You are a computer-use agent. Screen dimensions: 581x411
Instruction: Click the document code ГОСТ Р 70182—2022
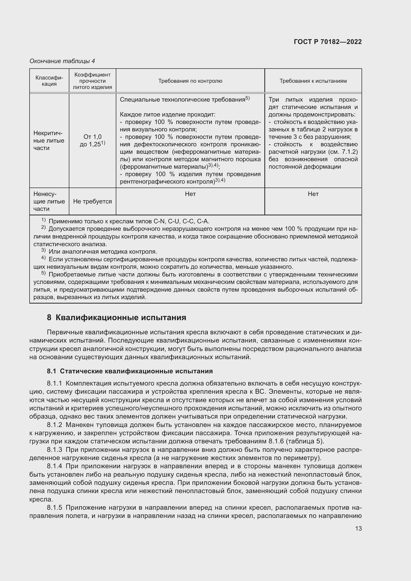click(x=328, y=42)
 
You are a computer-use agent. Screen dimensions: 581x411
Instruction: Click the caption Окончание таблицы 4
click(x=62, y=61)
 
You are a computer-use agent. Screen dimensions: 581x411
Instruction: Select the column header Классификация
click(x=49, y=81)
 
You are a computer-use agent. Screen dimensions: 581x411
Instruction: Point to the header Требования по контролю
click(x=190, y=81)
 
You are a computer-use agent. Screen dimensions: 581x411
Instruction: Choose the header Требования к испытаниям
click(x=313, y=81)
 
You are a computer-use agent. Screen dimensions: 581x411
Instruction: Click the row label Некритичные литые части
click(x=49, y=140)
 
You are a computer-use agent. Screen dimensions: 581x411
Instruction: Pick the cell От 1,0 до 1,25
click(x=92, y=141)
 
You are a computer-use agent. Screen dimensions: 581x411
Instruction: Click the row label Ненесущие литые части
click(x=49, y=201)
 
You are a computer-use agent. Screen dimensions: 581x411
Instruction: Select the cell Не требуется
click(x=92, y=201)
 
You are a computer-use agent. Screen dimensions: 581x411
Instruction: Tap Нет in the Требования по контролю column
click(x=190, y=194)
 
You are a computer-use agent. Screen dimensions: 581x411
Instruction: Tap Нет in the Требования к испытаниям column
click(x=313, y=194)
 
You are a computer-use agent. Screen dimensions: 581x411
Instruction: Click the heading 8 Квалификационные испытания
click(x=116, y=318)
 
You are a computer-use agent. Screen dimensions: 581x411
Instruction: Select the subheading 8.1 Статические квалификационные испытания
click(x=129, y=371)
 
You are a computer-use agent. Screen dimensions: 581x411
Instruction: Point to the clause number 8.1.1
click(x=54, y=383)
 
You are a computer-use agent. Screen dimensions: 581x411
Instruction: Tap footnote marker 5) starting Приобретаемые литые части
click(x=43, y=274)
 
